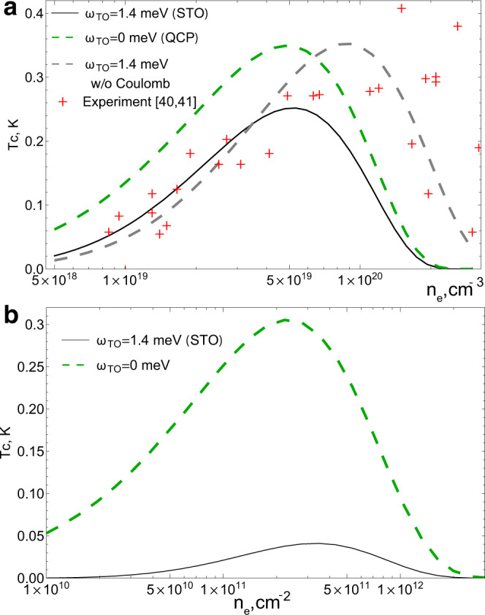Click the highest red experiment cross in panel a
tap(401, 9)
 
